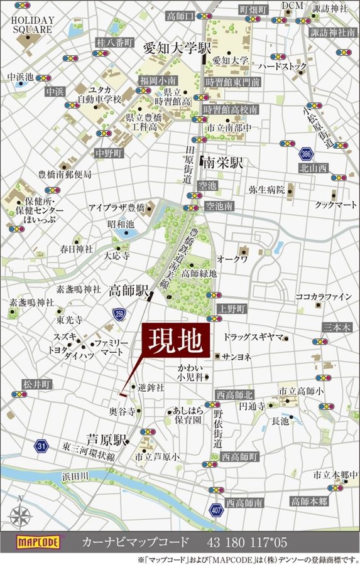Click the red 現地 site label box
[x=175, y=342]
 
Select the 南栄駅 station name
[x=222, y=163]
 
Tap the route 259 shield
[x=119, y=313]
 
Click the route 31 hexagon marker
[x=41, y=446]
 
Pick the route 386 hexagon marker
[x=306, y=153]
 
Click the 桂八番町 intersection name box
[x=115, y=43]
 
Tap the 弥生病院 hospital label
[x=266, y=189]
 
